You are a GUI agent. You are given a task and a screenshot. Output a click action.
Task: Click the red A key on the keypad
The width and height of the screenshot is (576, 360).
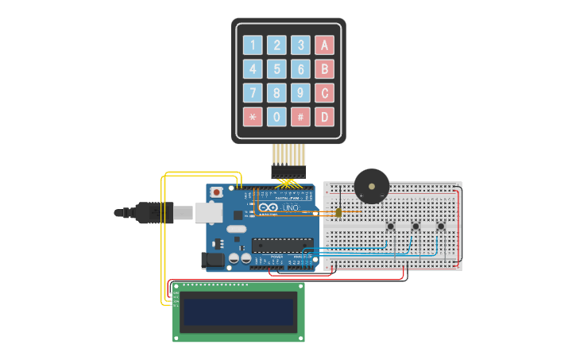(x=323, y=45)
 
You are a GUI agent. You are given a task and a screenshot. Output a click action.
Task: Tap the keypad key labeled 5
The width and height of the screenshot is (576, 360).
(x=276, y=69)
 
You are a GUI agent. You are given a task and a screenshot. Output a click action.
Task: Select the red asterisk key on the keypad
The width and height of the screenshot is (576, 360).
(x=253, y=117)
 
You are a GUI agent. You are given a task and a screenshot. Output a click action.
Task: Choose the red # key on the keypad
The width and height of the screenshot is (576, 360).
(x=300, y=117)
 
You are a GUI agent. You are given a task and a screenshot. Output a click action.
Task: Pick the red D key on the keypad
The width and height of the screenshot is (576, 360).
(x=323, y=117)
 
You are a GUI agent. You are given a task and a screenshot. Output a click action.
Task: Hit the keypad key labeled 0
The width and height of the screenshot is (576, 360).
(x=276, y=117)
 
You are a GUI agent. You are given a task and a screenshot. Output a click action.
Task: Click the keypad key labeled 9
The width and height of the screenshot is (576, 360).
(x=300, y=93)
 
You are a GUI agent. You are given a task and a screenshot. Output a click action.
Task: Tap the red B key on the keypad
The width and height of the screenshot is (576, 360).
(x=323, y=69)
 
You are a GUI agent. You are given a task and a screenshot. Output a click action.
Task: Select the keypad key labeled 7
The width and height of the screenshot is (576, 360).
(x=253, y=93)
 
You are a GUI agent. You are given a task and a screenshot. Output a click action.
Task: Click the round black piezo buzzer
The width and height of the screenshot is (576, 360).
(x=371, y=185)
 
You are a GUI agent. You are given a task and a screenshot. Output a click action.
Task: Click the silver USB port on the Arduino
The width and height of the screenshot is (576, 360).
(x=208, y=212)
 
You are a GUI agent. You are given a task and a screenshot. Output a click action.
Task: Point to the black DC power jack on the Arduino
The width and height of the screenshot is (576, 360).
(x=214, y=260)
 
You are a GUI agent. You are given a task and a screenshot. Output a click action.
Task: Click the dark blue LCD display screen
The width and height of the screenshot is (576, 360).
(x=239, y=312)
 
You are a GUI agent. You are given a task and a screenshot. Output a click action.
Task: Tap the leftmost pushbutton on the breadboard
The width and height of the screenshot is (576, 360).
(x=391, y=227)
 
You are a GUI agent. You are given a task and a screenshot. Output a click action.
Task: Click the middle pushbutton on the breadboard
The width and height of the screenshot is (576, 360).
(x=416, y=227)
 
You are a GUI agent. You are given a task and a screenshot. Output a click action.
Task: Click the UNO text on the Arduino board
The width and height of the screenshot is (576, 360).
(x=291, y=208)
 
